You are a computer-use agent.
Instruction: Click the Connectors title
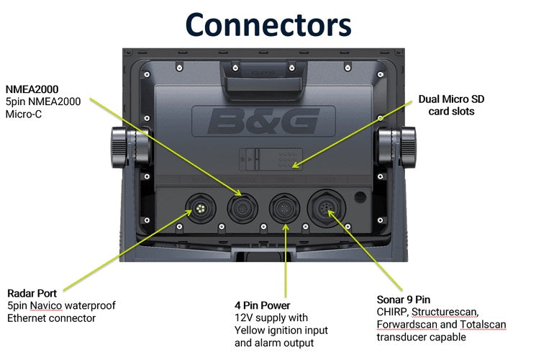[x=268, y=23]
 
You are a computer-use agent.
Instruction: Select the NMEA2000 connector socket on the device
[x=240, y=210]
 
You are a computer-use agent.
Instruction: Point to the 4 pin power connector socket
[x=282, y=210]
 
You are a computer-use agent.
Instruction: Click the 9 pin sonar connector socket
[x=327, y=209]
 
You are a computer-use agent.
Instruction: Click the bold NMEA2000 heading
[x=32, y=89]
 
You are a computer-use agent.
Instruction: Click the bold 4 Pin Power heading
[x=262, y=305]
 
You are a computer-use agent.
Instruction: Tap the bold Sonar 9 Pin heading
[x=404, y=300]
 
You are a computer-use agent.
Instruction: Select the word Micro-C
[x=24, y=114]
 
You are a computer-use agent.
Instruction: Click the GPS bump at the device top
[x=262, y=71]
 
